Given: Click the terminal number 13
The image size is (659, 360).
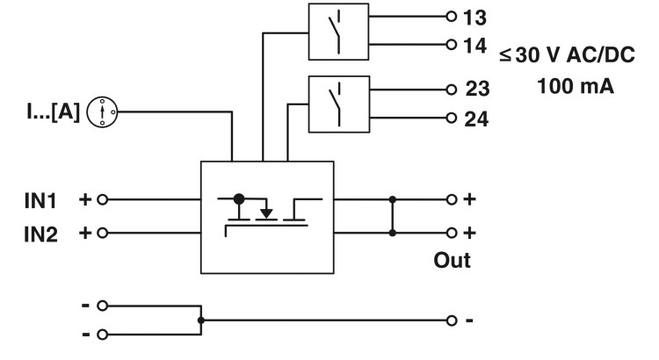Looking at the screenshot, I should point(475,17).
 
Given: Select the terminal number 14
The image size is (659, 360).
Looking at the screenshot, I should point(475,45).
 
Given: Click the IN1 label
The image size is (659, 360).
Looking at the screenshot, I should point(40,199).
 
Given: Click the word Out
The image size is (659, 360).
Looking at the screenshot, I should point(452,261).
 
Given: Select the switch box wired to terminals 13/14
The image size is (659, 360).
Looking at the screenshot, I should point(337,32).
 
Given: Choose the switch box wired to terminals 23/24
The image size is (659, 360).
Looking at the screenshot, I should point(337,104).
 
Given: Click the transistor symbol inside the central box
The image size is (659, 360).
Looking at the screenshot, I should point(266,211).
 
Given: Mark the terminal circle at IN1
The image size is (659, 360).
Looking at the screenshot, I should point(102,199).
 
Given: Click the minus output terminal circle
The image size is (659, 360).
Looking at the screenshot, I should point(452,320).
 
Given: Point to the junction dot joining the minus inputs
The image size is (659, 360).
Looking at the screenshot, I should point(201,320).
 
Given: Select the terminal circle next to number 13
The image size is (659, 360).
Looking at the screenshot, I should point(452,17).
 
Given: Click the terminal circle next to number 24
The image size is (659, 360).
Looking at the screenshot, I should point(452,118).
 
